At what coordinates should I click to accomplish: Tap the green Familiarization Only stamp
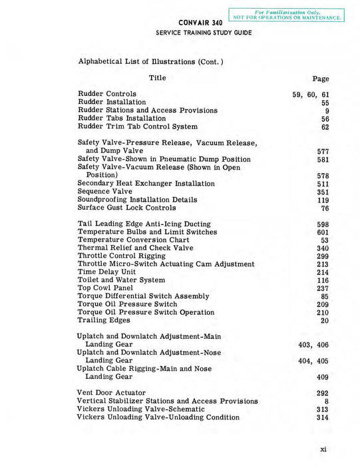pyautogui.click(x=287, y=15)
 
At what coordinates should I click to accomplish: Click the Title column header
pyautogui.click(x=158, y=78)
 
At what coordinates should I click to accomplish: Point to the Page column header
pyautogui.click(x=321, y=79)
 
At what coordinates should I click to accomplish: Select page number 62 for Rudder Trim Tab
pyautogui.click(x=325, y=126)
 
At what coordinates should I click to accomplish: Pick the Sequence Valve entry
pyautogui.click(x=105, y=192)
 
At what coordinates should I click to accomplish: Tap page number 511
pyautogui.click(x=323, y=184)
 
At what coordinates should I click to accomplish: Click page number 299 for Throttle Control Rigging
pyautogui.click(x=323, y=256)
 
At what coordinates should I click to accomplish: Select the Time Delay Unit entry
pyautogui.click(x=106, y=272)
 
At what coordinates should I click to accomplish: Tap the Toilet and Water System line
pyautogui.click(x=121, y=280)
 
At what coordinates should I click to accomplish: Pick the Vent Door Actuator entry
pyautogui.click(x=111, y=393)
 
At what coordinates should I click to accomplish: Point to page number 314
pyautogui.click(x=323, y=417)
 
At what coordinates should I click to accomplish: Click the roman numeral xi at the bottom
pyautogui.click(x=323, y=449)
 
